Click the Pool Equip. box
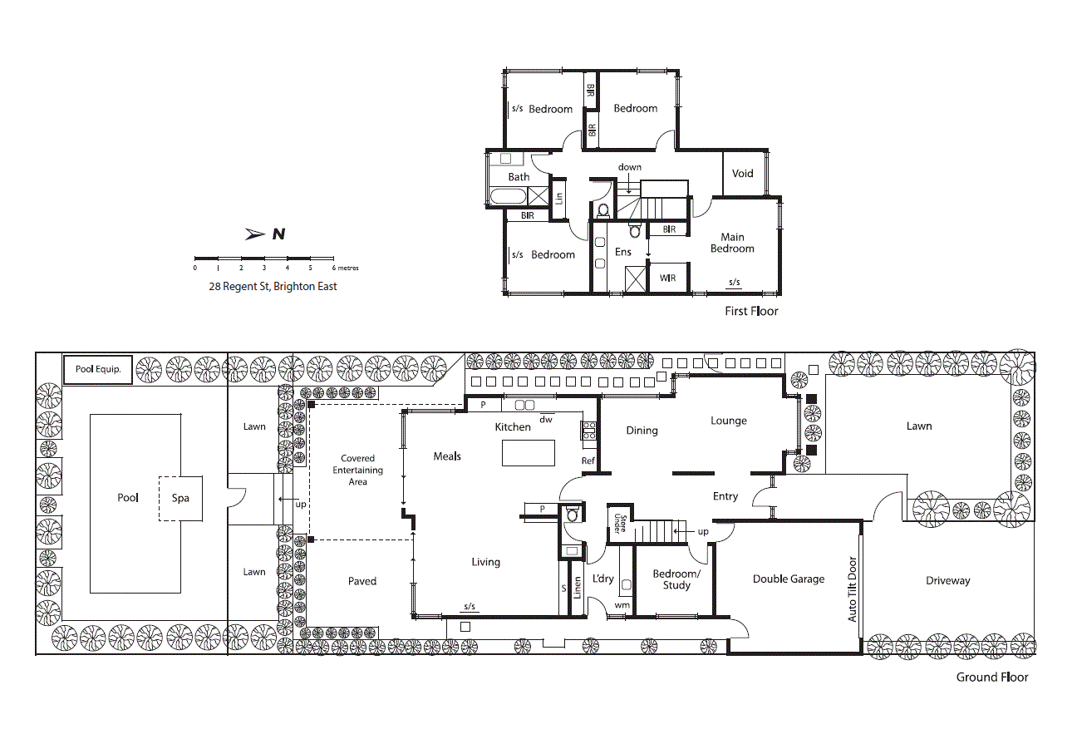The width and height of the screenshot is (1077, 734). [x=98, y=369]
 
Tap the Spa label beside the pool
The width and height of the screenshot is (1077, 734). [x=180, y=498]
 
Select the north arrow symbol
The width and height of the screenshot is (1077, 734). [x=255, y=234]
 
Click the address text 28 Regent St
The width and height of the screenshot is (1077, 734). [x=239, y=287]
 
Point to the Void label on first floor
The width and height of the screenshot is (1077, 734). [x=742, y=174]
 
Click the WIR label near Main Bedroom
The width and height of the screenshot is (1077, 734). [x=667, y=278]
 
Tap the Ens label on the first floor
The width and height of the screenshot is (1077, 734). [x=622, y=252]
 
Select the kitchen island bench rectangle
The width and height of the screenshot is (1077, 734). [x=529, y=453]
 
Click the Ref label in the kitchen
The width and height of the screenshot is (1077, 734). [x=588, y=461]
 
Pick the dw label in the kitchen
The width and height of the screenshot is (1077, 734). [x=546, y=420]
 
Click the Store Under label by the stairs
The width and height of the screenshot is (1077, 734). [x=620, y=524]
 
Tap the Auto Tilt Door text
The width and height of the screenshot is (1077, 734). [x=852, y=589]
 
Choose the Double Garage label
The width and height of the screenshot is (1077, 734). [x=789, y=579]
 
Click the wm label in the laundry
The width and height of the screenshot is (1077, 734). [x=622, y=606]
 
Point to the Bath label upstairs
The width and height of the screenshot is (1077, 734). [x=519, y=177]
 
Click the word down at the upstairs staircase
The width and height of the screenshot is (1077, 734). [x=630, y=167]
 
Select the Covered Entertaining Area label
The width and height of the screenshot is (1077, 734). [x=357, y=470]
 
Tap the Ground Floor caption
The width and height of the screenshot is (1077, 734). [x=992, y=677]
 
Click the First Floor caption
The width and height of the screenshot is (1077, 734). [x=751, y=311]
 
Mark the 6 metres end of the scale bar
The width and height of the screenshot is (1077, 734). [x=334, y=259]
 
